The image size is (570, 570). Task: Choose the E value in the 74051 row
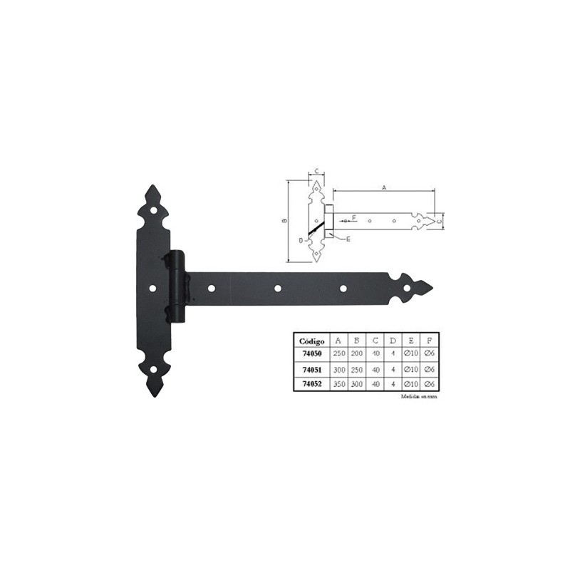point(410,370)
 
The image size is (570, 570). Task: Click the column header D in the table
point(393,341)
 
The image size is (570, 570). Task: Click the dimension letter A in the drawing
point(383,187)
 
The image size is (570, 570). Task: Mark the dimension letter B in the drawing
point(284,221)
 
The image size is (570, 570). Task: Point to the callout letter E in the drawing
point(348,239)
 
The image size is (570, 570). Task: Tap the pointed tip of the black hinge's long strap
point(431,288)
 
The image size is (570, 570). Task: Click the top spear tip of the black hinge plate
point(152,187)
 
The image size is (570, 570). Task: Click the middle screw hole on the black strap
point(278,288)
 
